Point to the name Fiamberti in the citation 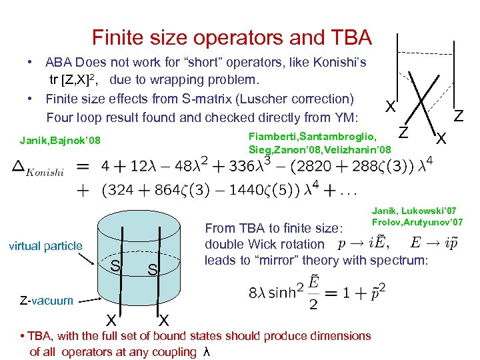(x=269, y=136)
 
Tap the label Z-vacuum (x=41, y=300)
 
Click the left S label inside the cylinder (x=115, y=267)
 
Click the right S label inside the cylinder (x=153, y=271)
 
